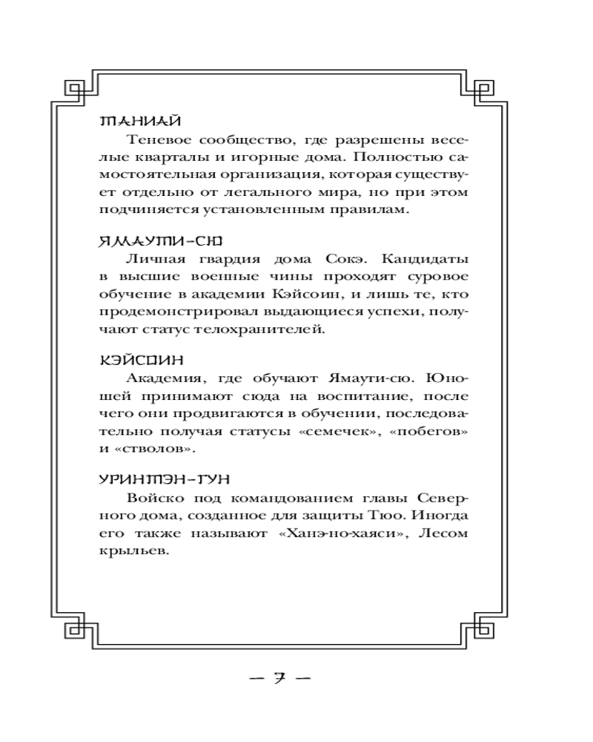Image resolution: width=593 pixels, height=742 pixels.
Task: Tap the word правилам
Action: click(367, 211)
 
